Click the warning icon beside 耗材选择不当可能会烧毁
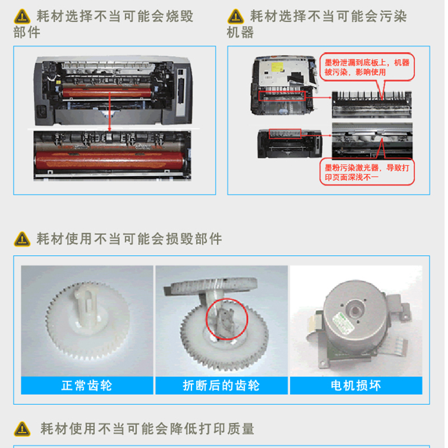point(22,17)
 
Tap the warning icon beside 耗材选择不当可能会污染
point(236,17)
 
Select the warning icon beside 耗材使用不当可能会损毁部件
point(22,239)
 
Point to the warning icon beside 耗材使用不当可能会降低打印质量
point(22,429)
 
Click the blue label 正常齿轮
point(87,385)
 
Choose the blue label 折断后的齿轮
point(221,385)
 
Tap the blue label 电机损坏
point(356,385)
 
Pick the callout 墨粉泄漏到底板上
point(367,67)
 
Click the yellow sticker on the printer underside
point(277,67)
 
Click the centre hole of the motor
point(355,310)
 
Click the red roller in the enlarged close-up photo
point(110,160)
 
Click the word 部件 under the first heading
point(26,32)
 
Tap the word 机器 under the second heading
point(240,32)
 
